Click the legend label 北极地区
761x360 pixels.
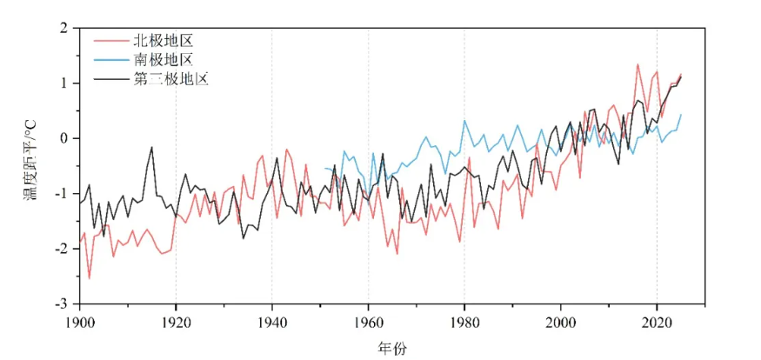162,41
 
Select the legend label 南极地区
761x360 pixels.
162,60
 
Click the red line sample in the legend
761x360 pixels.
109,41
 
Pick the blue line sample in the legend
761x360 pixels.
109,60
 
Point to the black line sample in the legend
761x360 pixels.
109,79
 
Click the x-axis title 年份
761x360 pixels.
391,349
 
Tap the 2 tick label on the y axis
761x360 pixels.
63,29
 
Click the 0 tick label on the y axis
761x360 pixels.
63,138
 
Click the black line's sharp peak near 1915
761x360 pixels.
151,148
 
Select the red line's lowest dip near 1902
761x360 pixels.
89,278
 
